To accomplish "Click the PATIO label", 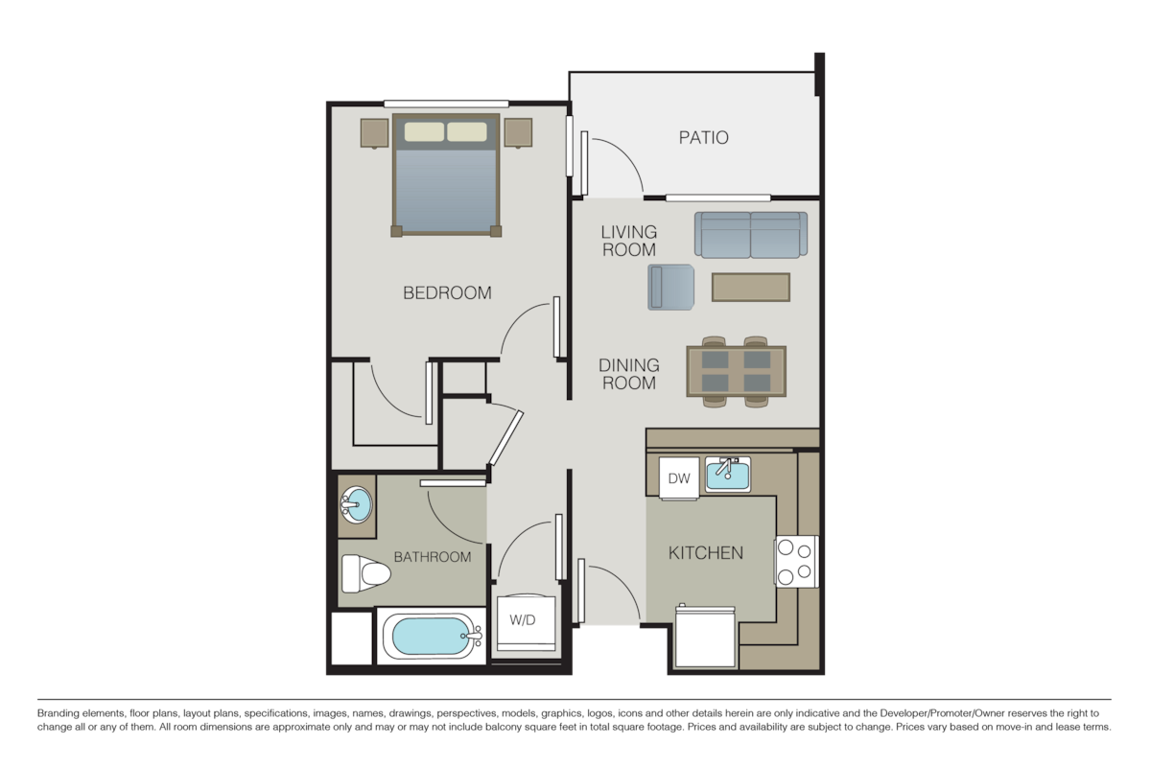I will pyautogui.click(x=703, y=137).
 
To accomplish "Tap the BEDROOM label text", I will pyautogui.click(x=447, y=292).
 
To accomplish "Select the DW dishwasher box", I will pyautogui.click(x=679, y=477).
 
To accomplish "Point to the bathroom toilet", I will pyautogui.click(x=365, y=574).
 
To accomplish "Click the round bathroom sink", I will pyautogui.click(x=356, y=503).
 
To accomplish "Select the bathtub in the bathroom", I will pyautogui.click(x=432, y=636).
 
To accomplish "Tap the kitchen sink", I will pyautogui.click(x=728, y=474).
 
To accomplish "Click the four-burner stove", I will pyautogui.click(x=796, y=561).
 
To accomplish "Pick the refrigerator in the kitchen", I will pyautogui.click(x=705, y=637).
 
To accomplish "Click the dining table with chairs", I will pyautogui.click(x=736, y=371).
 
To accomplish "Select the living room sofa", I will pyautogui.click(x=751, y=235).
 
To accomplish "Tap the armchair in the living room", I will pyautogui.click(x=670, y=287).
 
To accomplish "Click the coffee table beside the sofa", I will pyautogui.click(x=750, y=287).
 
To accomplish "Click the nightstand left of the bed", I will pyautogui.click(x=374, y=132).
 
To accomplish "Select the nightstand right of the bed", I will pyautogui.click(x=518, y=132).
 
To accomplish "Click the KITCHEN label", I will pyautogui.click(x=706, y=552).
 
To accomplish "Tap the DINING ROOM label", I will pyautogui.click(x=629, y=374).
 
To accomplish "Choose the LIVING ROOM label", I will pyautogui.click(x=629, y=241).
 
